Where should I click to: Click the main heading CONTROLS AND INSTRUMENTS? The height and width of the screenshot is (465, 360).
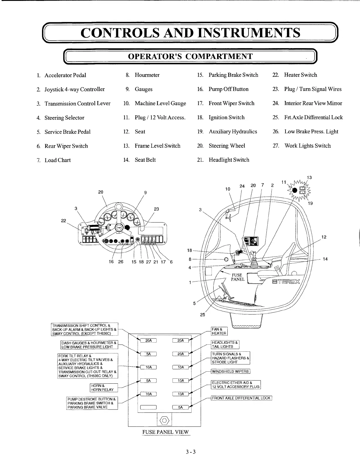point(190,33)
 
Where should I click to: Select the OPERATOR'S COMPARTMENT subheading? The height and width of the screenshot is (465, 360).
point(190,56)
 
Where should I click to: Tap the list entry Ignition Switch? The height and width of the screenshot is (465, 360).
point(226,117)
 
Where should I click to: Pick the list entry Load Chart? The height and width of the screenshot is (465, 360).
point(57,160)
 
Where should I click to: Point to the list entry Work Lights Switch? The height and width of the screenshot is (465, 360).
point(307,146)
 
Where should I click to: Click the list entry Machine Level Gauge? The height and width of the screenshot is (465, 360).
point(160,103)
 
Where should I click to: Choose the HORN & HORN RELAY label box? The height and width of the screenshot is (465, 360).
point(103,388)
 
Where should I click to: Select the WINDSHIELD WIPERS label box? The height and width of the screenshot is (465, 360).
point(230,371)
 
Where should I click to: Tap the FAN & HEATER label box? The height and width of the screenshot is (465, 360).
point(219,331)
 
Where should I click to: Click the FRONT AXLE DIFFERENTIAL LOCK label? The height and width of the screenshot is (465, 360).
point(241,398)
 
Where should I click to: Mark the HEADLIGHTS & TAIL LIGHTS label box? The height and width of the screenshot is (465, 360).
point(225,344)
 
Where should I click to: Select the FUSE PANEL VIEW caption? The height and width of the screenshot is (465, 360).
point(165,432)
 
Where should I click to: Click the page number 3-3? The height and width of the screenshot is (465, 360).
point(190,452)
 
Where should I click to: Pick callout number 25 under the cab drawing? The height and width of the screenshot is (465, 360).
point(202,315)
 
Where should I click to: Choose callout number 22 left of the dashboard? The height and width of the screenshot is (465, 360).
point(63,221)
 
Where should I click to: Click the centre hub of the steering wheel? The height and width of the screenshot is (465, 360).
point(119,227)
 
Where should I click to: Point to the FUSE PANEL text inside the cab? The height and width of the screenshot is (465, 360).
point(237,277)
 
